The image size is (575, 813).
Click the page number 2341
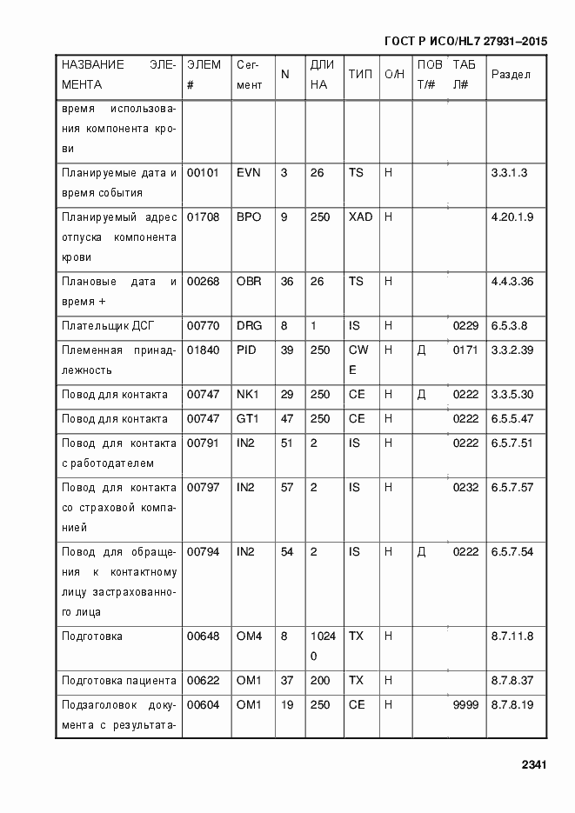(x=533, y=766)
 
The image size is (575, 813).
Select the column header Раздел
(x=511, y=75)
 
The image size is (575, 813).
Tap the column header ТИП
(x=360, y=75)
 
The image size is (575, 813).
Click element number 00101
(x=203, y=173)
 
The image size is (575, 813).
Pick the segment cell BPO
(x=249, y=217)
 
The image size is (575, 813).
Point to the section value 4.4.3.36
(x=512, y=282)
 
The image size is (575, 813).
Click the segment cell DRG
(x=249, y=326)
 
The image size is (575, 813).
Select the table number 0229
(x=465, y=326)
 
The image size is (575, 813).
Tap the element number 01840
(x=203, y=350)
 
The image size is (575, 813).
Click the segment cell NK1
(x=248, y=395)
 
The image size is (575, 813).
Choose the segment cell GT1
(x=248, y=419)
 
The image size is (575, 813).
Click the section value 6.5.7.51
(x=512, y=443)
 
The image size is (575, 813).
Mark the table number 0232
(x=465, y=488)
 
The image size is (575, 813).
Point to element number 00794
(x=203, y=552)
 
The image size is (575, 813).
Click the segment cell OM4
(x=249, y=636)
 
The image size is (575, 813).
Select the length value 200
(x=320, y=681)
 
